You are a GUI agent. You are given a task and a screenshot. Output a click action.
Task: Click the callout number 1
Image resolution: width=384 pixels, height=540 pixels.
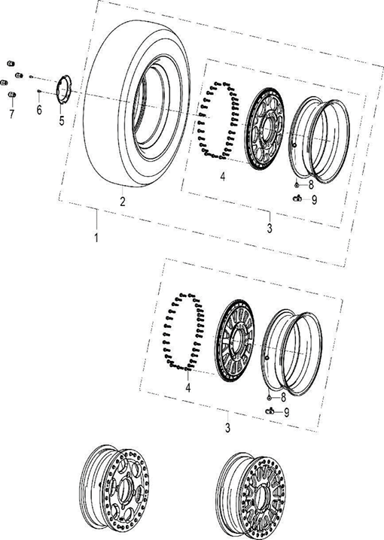[x=96, y=237]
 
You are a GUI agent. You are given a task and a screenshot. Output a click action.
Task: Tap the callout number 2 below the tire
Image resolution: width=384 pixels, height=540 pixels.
[x=122, y=201]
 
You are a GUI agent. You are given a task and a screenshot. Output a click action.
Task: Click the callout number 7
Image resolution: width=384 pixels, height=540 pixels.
[x=11, y=114]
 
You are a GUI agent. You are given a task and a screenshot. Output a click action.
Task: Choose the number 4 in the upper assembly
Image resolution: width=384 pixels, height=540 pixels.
[x=223, y=177]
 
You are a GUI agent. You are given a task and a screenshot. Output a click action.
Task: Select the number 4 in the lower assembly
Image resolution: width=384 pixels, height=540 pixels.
[x=189, y=388]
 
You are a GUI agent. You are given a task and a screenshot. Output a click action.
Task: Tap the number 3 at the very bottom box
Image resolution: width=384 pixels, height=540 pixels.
[x=227, y=427]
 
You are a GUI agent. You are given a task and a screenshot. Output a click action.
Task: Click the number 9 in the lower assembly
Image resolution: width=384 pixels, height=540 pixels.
[x=287, y=412]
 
